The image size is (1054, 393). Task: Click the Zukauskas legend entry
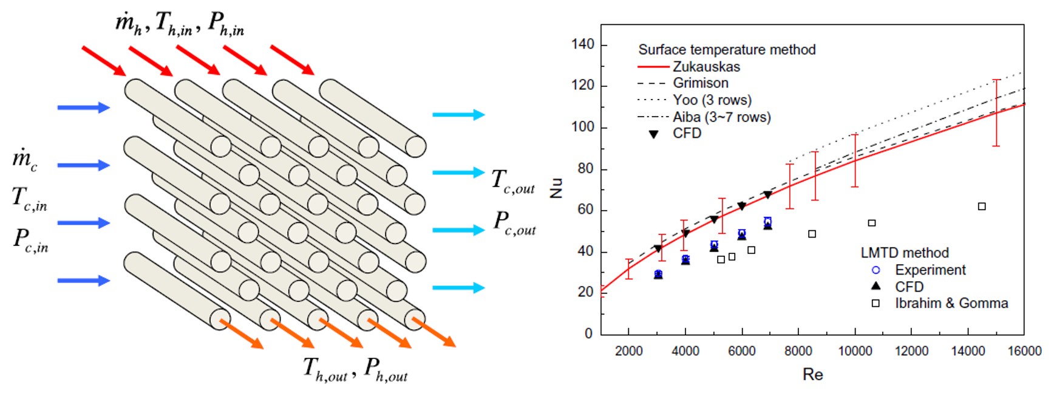coord(705,66)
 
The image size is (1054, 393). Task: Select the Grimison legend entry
coord(700,83)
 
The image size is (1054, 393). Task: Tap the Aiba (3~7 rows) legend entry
coord(721,117)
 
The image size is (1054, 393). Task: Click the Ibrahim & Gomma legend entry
coord(951,303)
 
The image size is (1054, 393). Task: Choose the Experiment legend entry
coord(930,270)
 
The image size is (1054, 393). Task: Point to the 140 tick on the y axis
coord(583,44)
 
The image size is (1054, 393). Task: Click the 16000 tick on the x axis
coord(1024,351)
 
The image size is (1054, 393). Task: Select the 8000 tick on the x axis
coord(798,351)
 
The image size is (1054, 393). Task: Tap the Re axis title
coord(812,374)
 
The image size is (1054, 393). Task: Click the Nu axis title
coord(556,188)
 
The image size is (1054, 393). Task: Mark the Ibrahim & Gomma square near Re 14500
coord(982,207)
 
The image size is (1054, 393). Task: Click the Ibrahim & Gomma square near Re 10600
coord(872,223)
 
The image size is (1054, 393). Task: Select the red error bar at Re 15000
coord(996,112)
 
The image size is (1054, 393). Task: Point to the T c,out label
coord(513,181)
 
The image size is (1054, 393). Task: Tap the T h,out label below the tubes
coord(325,369)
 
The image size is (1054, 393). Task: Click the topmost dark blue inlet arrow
coord(83,108)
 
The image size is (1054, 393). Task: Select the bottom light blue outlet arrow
coord(458,287)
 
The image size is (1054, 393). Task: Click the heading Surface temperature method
coord(727,50)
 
